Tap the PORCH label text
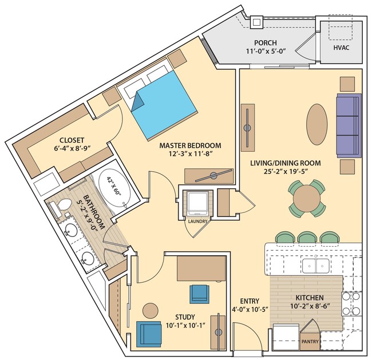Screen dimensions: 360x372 (x=265, y=43)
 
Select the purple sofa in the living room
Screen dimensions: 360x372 (x=349, y=125)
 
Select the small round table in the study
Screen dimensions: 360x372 (x=151, y=311)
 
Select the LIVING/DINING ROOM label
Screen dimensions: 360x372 (x=285, y=163)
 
